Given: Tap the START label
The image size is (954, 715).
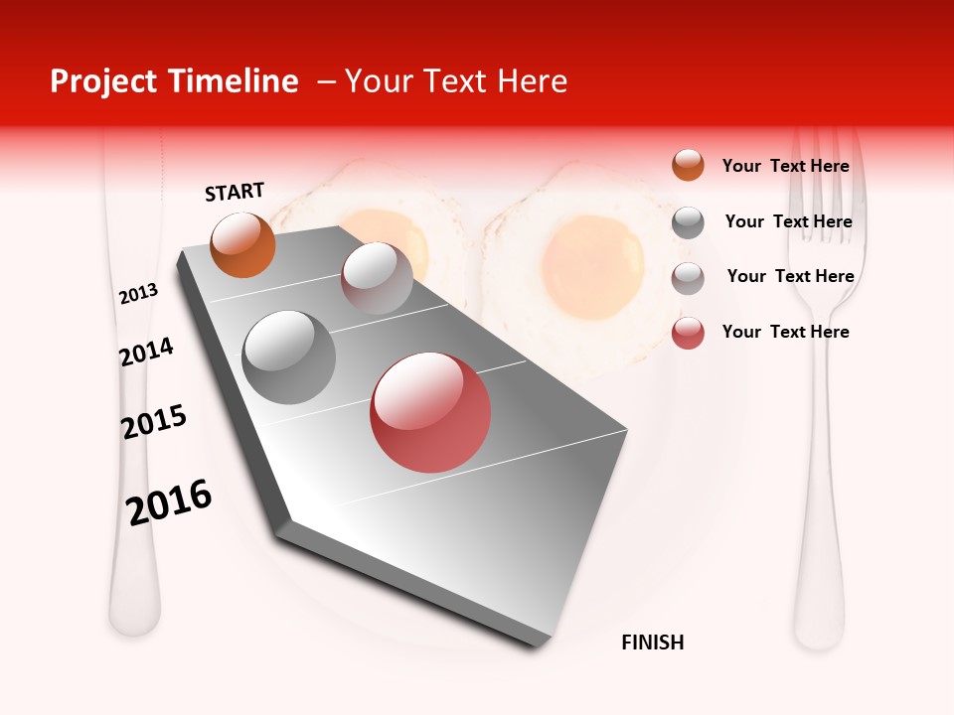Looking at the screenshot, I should coord(235,192).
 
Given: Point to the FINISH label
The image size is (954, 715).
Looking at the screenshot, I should coord(653,643).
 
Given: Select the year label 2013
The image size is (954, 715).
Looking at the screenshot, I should coord(138,294).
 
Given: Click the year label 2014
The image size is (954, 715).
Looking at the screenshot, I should coord(146,353).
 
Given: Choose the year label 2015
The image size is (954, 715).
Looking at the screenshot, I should coord(154,422).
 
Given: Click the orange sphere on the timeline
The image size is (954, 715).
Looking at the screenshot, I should coord(242,244).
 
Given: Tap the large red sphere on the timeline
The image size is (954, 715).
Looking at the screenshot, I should coord(430,412).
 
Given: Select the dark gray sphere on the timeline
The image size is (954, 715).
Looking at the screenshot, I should coord(289,357).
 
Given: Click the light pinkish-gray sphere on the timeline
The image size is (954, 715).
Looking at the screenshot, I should coord(377,277).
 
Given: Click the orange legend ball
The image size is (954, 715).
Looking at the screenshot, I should coord(688,165).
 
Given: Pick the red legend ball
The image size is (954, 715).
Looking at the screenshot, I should coord(688,333).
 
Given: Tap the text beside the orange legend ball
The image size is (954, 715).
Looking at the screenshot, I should coord(785,166).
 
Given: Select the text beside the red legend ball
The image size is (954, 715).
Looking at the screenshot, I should coord(785,332).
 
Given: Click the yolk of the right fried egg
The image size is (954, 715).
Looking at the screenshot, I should coord(594,266).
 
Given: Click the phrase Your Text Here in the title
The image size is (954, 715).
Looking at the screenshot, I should coord(455,81).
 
